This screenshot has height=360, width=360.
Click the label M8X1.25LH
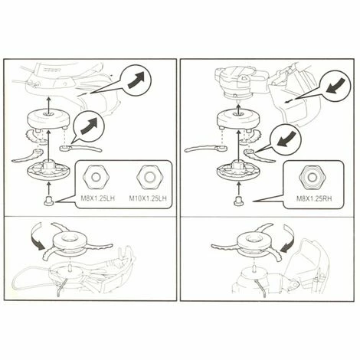click(x=98, y=198)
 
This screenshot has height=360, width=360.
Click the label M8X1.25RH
click(x=314, y=198)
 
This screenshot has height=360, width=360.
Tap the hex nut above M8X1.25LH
click(x=97, y=177)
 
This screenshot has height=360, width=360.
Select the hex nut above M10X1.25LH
click(x=149, y=177)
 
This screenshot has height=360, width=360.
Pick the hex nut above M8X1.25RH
click(x=311, y=177)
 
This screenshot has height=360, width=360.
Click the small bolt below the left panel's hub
click(x=48, y=201)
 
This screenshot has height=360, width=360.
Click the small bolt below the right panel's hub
click(x=238, y=201)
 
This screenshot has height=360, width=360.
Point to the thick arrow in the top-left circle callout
click(x=136, y=80)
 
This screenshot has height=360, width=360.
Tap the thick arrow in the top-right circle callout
click(x=336, y=86)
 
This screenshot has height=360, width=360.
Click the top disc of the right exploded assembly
click(x=238, y=119)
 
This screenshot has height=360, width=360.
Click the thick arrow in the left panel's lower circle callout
click(x=90, y=126)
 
